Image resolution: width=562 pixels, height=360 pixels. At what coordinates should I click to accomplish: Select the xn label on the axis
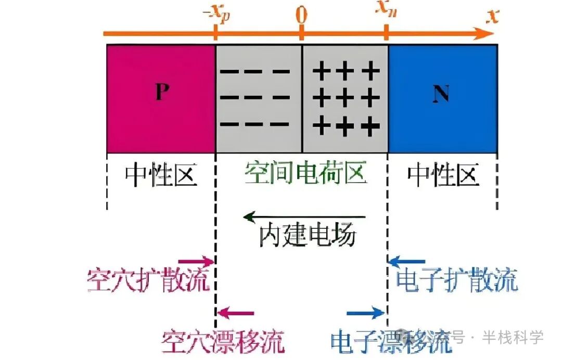tap(386, 14)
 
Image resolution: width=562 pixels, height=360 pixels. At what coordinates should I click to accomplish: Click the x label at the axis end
tap(492, 16)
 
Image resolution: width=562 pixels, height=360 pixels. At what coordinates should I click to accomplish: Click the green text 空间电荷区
tap(306, 173)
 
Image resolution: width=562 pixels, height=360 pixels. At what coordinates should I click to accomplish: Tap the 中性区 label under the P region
tap(161, 175)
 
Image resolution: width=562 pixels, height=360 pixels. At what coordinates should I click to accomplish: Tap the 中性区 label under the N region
tap(442, 175)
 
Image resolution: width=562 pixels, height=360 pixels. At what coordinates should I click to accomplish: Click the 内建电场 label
tap(308, 236)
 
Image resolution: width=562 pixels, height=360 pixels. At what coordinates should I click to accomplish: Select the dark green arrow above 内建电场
tap(304, 216)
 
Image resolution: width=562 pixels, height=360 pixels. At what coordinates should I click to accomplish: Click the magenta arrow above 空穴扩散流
tap(196, 261)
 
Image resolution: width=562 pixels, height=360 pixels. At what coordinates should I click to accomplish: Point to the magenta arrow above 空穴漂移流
tap(235, 313)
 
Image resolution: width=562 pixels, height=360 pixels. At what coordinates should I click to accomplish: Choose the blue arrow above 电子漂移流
tap(366, 313)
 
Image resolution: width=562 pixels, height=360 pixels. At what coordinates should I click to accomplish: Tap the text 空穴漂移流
tap(223, 341)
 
